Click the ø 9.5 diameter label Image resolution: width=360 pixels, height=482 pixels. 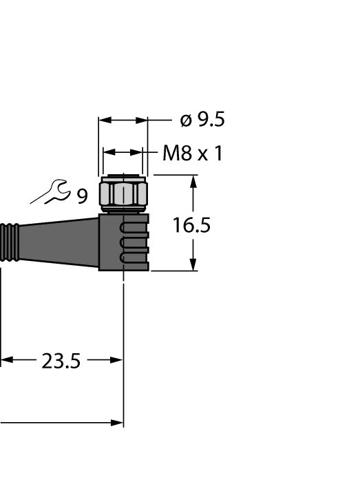(202, 120)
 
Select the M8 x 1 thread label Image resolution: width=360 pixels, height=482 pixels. (192, 154)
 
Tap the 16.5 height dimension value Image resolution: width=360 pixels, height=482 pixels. (191, 225)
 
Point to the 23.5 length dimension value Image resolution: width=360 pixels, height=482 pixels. (61, 361)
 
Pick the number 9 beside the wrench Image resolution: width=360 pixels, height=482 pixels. (82, 198)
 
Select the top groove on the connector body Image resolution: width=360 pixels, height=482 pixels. (134, 228)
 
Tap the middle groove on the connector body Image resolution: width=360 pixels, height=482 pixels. (134, 243)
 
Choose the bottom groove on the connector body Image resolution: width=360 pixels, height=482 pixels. (134, 258)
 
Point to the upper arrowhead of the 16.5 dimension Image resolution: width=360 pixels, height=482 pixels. (193, 181)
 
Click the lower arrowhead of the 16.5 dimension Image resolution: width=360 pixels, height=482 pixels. (193, 265)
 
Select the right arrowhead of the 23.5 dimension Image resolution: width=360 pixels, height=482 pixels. (116, 359)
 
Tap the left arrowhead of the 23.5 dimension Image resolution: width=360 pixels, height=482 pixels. (6, 359)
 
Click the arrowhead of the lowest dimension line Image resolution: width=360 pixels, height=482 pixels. (116, 422)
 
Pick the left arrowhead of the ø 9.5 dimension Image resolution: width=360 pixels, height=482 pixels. (105, 120)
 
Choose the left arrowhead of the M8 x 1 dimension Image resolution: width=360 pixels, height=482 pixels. (108, 153)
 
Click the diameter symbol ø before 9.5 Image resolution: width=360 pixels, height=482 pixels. (185, 120)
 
